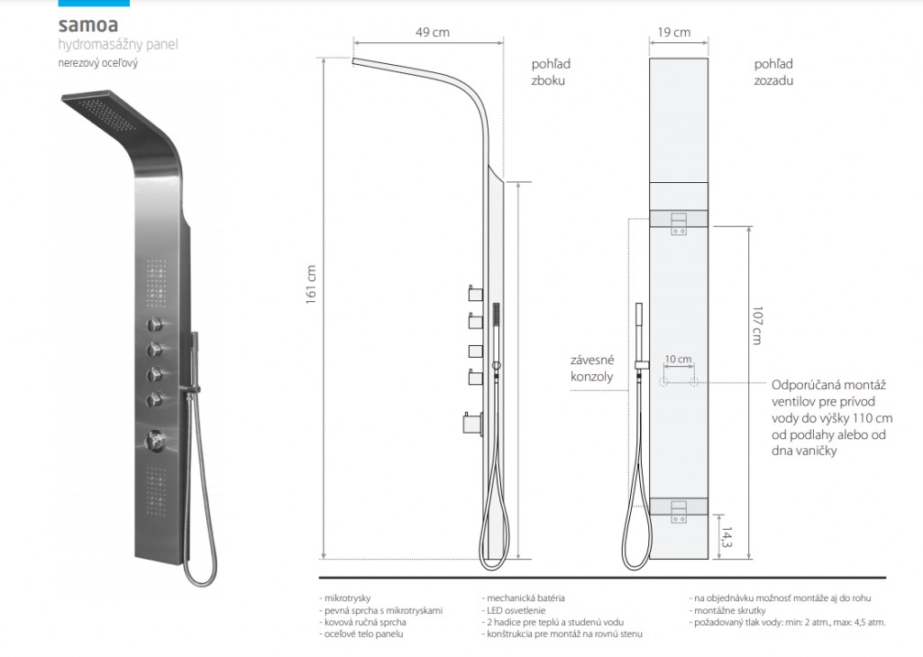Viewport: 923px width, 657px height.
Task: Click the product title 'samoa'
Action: tap(87, 24)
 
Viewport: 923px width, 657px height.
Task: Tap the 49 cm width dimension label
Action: tap(432, 32)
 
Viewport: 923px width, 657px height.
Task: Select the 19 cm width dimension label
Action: tap(673, 32)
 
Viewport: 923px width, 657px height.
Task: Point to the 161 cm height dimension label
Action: tap(311, 285)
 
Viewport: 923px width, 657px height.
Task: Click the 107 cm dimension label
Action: tap(757, 325)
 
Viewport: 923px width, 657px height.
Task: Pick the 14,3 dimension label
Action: tap(727, 537)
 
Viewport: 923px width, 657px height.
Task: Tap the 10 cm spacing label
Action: tap(678, 359)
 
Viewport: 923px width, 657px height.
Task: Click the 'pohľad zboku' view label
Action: tap(551, 72)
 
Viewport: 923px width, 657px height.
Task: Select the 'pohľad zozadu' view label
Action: tap(773, 72)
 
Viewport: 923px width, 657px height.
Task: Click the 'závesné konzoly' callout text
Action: tap(592, 368)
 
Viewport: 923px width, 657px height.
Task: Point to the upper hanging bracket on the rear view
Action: tap(679, 222)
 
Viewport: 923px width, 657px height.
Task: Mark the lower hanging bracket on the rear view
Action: tap(679, 510)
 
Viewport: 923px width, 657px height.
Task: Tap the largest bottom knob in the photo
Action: tap(155, 440)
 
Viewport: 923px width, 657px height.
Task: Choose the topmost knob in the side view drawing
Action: tap(476, 293)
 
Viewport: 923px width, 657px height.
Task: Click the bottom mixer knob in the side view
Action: tap(473, 424)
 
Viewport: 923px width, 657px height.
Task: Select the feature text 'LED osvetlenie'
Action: tap(514, 610)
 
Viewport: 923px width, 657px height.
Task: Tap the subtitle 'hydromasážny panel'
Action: tap(118, 45)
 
